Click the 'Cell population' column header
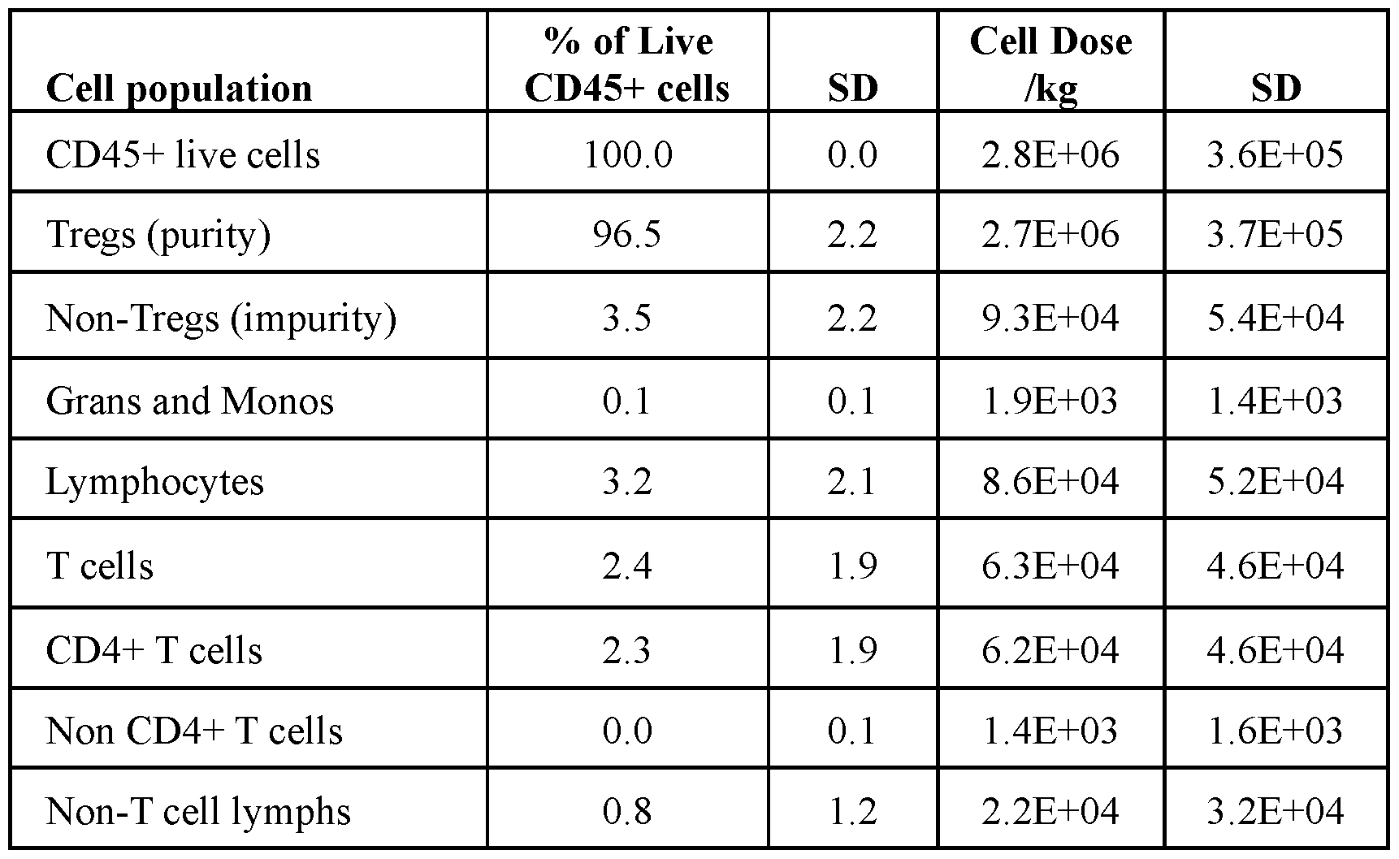179,89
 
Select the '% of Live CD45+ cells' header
627,65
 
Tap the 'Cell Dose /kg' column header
1050,65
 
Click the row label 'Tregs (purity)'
158,236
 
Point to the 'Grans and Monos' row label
190,401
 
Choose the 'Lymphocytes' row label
155,483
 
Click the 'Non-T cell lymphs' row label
199,812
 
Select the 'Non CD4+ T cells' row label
194,731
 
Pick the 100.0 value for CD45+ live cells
628,154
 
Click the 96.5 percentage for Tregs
627,234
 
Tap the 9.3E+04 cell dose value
1050,317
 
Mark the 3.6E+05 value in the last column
1276,154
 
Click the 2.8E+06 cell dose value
1050,154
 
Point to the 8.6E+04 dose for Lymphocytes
1050,481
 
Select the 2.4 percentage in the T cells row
627,566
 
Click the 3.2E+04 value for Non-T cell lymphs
1276,811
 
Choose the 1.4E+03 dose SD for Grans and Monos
1276,401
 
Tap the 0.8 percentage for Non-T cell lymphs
627,811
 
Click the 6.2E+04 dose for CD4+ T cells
1050,650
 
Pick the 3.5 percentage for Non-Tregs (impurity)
627,317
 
